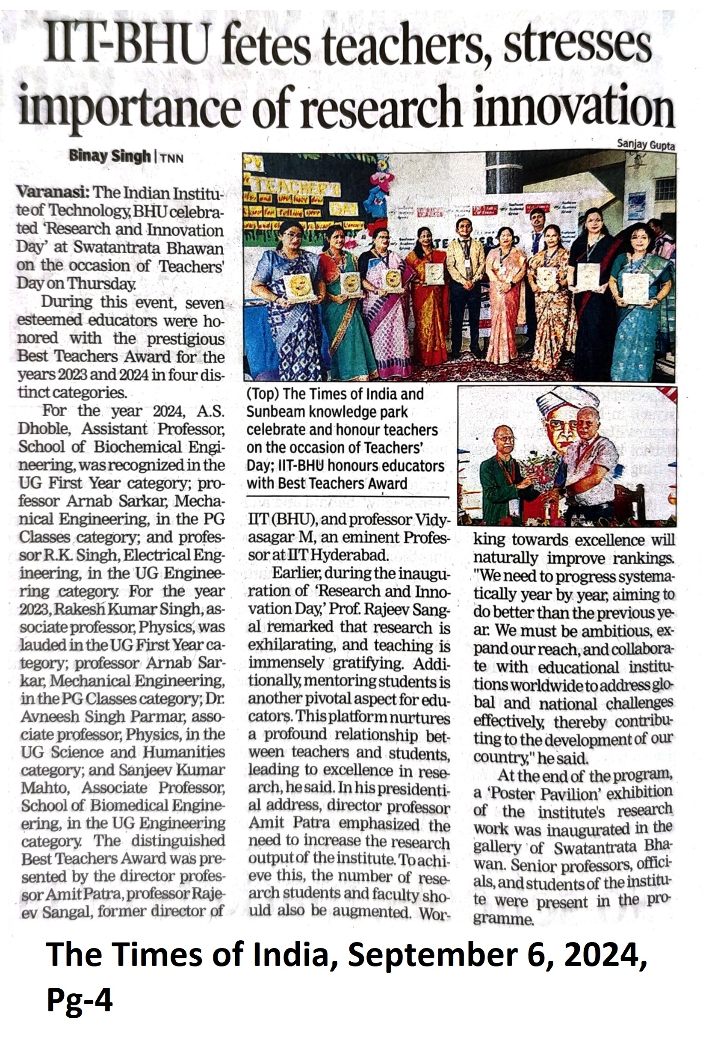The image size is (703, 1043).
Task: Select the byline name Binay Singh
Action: (109, 156)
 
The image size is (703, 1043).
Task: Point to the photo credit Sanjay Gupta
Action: (646, 145)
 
